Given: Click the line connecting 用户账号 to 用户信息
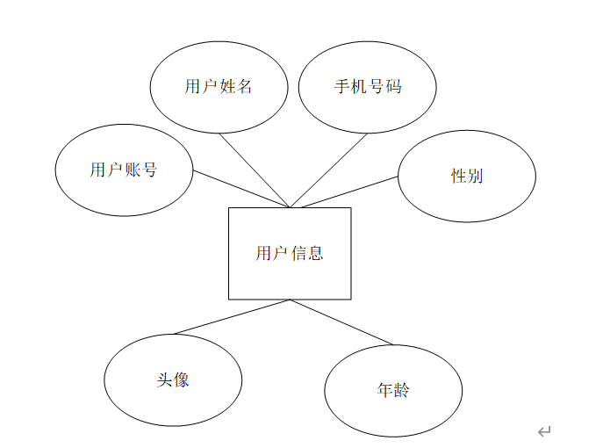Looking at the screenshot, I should point(241,189).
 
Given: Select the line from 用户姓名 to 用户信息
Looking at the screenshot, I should point(255,170).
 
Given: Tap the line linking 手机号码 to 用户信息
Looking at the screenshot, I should point(329,170).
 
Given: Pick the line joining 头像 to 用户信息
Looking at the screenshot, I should point(233,317).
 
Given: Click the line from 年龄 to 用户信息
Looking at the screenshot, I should point(342,322).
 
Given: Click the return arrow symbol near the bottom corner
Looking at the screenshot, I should point(544,431).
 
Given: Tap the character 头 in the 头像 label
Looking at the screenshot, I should point(164,380).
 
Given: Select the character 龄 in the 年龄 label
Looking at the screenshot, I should point(401,390).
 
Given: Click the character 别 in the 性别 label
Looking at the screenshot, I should point(475,176).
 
